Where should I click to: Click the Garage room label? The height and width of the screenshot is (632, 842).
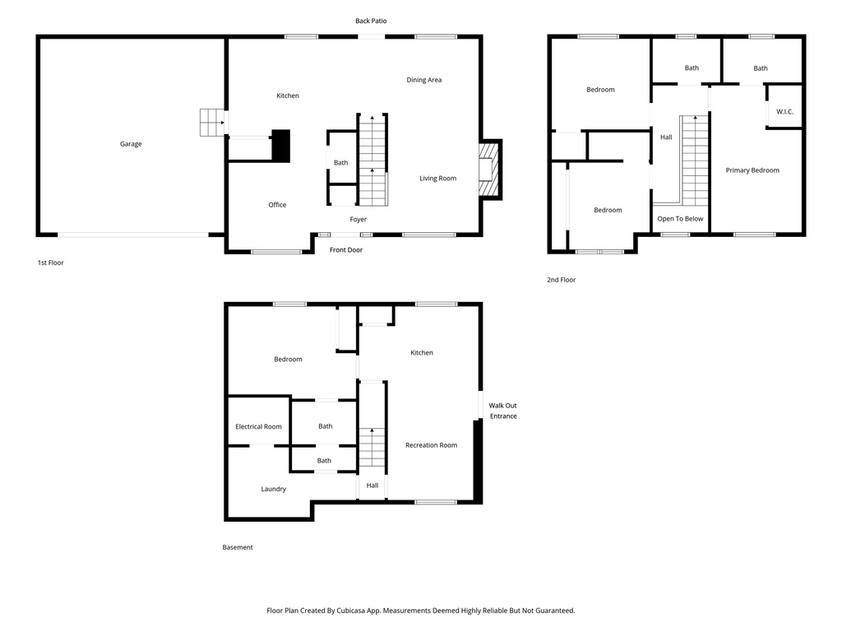[131, 144]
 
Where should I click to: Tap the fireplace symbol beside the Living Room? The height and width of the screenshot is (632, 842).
[490, 170]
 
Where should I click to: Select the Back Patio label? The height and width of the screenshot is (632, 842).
[371, 21]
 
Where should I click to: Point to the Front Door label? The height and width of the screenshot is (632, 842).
[345, 249]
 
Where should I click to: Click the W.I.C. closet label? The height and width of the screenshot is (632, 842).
[784, 111]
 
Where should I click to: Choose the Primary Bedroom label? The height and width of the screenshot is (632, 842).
[752, 170]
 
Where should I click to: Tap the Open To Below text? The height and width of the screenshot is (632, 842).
[680, 219]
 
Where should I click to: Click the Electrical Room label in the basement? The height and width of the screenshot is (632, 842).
[258, 426]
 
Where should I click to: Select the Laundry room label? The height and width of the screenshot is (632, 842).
[274, 489]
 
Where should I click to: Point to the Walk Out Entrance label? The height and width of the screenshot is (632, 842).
[502, 411]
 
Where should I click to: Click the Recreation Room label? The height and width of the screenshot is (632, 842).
[431, 445]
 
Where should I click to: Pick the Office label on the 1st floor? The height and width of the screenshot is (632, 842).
[277, 205]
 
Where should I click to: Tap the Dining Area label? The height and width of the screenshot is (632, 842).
[424, 80]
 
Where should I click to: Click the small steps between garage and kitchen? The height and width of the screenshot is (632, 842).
[212, 123]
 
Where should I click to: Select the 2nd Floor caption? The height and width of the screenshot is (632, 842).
[562, 280]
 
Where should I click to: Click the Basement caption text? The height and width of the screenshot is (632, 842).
[238, 547]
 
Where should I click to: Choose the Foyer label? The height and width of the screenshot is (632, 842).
[358, 220]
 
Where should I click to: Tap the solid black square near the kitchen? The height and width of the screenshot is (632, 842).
[281, 146]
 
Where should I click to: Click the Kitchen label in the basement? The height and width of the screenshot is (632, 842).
[422, 353]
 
